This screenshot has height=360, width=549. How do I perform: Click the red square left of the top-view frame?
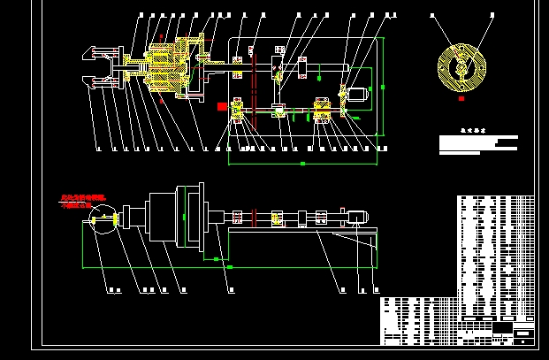click(x=222, y=106)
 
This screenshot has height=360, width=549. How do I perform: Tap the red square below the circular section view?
click(x=461, y=99)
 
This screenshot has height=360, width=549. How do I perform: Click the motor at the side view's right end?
click(x=358, y=216)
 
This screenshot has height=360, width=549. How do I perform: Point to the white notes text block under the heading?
click(x=478, y=145)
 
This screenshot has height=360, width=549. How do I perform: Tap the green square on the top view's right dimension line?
click(x=385, y=87)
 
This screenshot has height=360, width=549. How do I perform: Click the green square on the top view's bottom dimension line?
click(x=302, y=164)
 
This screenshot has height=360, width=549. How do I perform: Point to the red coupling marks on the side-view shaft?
click(x=253, y=216)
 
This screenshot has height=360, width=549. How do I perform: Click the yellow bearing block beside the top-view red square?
click(x=238, y=111)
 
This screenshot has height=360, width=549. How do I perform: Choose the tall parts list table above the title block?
click(x=496, y=257)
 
